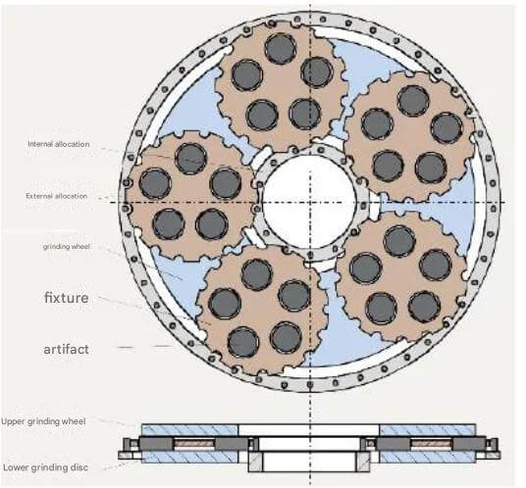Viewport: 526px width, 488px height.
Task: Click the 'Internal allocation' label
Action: (x=58, y=144)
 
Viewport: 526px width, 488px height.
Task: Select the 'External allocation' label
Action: (x=56, y=196)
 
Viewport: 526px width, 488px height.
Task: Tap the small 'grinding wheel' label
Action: (x=66, y=247)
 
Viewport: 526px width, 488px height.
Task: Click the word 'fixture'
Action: (x=67, y=298)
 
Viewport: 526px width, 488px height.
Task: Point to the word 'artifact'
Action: (x=66, y=349)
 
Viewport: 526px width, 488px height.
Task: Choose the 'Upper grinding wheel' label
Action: (x=43, y=421)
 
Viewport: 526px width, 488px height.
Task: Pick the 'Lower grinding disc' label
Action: (x=45, y=467)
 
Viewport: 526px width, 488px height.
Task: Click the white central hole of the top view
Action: (x=309, y=202)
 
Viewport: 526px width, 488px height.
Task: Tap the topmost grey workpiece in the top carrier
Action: (x=280, y=49)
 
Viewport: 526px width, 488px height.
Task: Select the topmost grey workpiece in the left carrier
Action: (x=191, y=159)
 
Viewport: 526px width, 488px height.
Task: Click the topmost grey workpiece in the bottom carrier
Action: (x=257, y=274)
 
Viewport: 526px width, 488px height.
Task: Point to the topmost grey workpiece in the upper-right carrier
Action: (x=413, y=101)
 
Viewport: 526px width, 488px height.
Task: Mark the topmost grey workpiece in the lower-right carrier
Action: (x=399, y=241)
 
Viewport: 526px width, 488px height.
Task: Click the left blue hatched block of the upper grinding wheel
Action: (x=189, y=430)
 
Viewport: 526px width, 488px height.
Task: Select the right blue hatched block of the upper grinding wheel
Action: (x=428, y=430)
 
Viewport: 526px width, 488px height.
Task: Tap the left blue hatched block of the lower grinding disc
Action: (x=189, y=457)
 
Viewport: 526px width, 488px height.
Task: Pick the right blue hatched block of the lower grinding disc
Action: (x=428, y=457)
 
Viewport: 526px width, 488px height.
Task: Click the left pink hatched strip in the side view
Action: (x=194, y=444)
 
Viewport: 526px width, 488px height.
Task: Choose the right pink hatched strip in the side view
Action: (x=432, y=444)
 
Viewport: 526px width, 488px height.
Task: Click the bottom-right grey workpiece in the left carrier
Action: (x=212, y=224)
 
